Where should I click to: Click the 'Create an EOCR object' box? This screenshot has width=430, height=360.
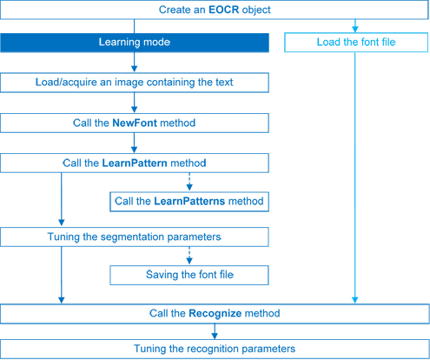[x=215, y=10]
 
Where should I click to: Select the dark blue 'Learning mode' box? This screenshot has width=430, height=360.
[x=134, y=42]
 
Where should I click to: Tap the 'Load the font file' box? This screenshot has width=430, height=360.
[x=356, y=42]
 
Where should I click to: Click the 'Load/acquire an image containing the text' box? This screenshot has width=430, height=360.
[x=134, y=83]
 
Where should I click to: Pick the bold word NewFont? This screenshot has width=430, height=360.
[x=136, y=123]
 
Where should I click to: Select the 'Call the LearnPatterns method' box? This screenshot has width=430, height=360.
[x=188, y=201]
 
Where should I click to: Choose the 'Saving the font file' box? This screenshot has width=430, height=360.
[x=188, y=275]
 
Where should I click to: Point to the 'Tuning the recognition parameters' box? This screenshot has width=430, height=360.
[x=215, y=348]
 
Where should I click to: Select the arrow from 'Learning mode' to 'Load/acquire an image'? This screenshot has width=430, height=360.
[x=134, y=63]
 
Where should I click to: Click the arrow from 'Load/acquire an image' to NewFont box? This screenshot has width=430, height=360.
[x=134, y=103]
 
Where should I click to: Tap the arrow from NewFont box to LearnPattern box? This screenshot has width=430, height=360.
[x=134, y=143]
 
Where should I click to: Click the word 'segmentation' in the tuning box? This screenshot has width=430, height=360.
[x=148, y=237]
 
